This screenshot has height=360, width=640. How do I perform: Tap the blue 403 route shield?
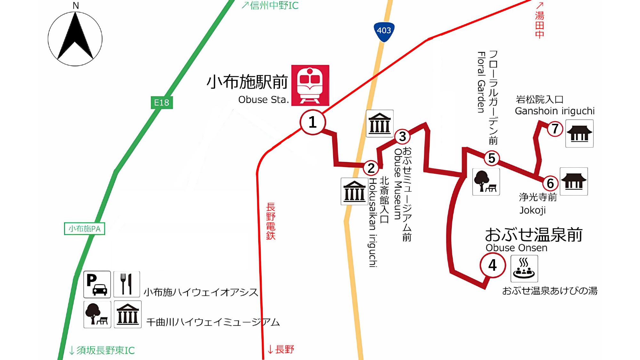(384, 31)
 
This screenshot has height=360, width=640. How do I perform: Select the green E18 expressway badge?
(162, 102)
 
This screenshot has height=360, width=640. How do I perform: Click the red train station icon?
(310, 85)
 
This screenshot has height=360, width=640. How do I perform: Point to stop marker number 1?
(313, 122)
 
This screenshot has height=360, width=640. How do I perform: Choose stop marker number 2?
(371, 168)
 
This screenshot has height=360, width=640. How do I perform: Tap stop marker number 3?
(403, 137)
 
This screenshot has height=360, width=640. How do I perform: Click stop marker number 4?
(492, 265)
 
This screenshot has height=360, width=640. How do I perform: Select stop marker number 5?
(492, 158)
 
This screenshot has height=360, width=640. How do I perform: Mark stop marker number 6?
(550, 183)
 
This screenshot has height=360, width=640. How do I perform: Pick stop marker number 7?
(555, 129)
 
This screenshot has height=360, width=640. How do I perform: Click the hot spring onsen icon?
(524, 269)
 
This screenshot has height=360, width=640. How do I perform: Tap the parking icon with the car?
(97, 284)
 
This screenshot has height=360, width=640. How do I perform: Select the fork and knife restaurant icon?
(126, 284)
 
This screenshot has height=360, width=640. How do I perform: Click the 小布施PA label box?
(84, 228)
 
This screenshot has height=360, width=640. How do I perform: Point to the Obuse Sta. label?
(263, 100)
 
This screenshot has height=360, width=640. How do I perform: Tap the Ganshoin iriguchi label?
(555, 111)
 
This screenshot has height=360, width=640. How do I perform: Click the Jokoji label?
(532, 210)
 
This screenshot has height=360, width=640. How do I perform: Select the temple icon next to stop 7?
(579, 133)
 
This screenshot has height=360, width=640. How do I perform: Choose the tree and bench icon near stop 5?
(486, 182)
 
